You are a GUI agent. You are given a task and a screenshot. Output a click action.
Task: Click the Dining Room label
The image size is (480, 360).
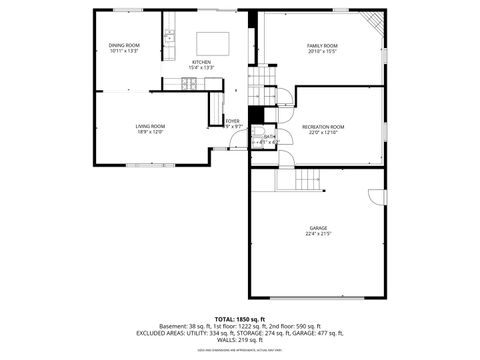click(124, 45)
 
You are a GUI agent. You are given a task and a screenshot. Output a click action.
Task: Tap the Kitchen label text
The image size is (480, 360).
click(201, 62)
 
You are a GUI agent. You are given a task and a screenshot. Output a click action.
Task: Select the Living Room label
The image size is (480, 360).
click(150, 126)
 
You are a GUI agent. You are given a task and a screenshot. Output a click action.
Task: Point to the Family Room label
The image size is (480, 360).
click(322, 45)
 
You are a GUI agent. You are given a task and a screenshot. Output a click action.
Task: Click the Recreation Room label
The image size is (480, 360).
click(323, 126)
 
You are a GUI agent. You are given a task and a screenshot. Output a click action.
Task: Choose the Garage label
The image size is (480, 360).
click(318, 229)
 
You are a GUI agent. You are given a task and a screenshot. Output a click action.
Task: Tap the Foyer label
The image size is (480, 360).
click(232, 121)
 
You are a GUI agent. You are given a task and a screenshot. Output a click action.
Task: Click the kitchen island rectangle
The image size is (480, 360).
click(213, 43)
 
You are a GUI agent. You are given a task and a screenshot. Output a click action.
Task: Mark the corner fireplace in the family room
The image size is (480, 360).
click(373, 22)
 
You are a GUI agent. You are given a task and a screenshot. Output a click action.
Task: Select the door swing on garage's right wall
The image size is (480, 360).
click(377, 196)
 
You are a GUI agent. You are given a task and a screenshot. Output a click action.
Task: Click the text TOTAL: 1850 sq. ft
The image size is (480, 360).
click(239, 318)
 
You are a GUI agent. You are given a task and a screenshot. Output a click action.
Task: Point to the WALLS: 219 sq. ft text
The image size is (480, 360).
click(239, 340)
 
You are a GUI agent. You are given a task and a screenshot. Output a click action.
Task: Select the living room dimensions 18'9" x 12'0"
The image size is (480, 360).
click(150, 132)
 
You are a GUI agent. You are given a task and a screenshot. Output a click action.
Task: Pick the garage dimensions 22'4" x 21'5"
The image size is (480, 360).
click(318, 235)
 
